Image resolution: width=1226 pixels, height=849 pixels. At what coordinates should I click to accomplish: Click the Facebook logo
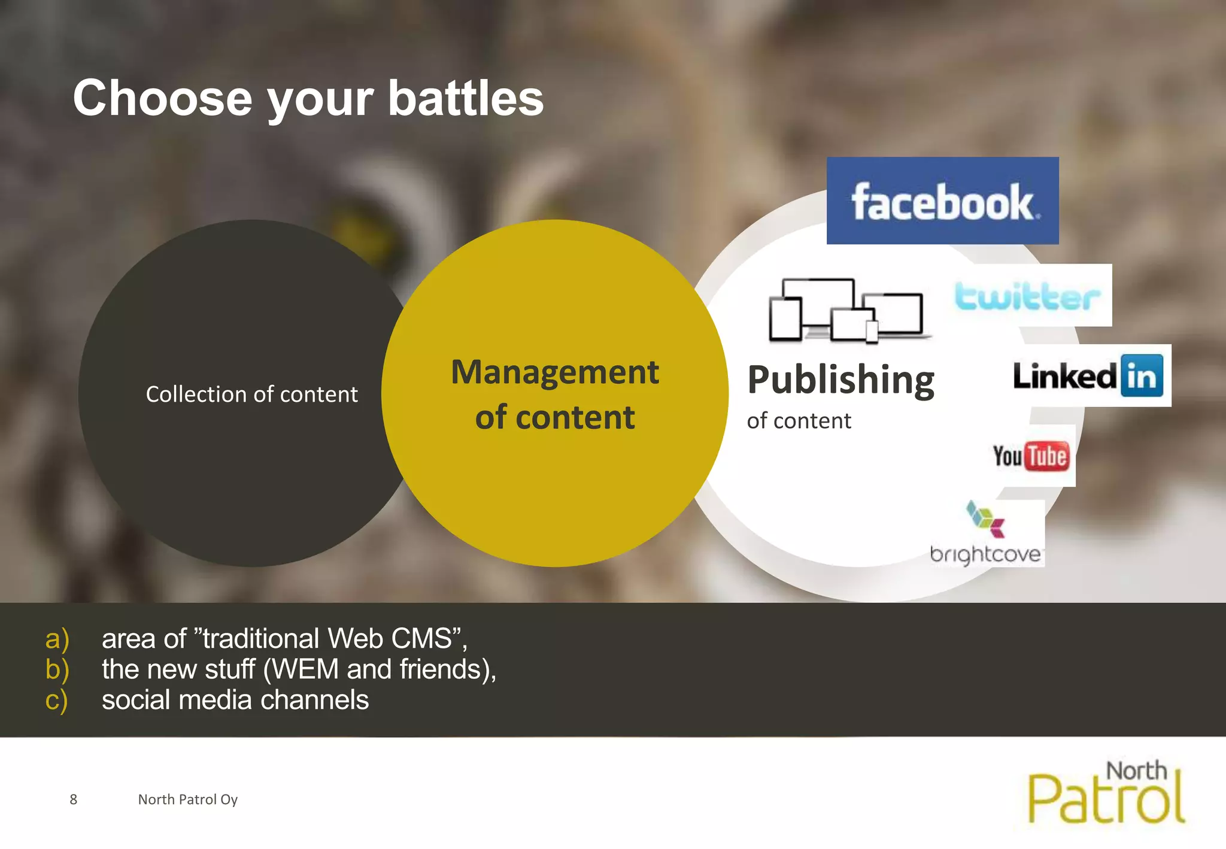tap(942, 201)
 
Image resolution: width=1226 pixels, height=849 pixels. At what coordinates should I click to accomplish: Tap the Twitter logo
tap(1027, 296)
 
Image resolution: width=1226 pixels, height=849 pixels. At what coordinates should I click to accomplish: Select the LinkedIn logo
tap(1088, 376)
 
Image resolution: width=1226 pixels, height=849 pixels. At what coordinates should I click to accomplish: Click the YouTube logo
tap(1031, 456)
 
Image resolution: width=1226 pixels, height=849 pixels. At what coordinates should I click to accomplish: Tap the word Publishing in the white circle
tap(840, 380)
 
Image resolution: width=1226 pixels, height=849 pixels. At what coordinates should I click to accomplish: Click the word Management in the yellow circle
tap(554, 372)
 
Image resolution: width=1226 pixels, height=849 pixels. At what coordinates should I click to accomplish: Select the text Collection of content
tap(251, 395)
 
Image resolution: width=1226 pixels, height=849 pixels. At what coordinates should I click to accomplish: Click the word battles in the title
tap(466, 98)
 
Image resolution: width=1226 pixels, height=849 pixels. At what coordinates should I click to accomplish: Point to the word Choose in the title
tap(162, 98)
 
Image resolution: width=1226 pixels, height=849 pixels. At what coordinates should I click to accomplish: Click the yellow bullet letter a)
tap(57, 639)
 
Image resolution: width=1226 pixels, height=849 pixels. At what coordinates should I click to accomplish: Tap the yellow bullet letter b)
tap(57, 669)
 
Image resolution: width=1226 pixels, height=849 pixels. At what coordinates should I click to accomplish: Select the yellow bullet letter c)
tap(56, 700)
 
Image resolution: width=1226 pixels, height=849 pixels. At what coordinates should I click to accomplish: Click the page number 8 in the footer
tap(73, 799)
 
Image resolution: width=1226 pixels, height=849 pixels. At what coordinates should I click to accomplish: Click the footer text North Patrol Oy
tap(187, 799)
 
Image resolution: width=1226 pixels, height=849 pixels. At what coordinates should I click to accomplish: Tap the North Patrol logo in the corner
tap(1106, 793)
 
